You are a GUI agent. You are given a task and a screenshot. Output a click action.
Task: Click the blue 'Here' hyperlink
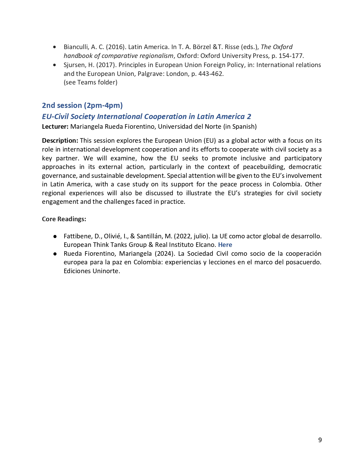point(225,245)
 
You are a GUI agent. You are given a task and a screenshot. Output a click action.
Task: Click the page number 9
point(320,440)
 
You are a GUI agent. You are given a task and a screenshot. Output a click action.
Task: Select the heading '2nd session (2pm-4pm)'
point(82,105)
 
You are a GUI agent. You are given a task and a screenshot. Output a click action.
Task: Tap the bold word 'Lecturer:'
point(55,126)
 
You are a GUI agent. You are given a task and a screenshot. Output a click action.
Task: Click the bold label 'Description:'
point(60,140)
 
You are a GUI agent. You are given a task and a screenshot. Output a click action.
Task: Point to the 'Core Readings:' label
point(64,219)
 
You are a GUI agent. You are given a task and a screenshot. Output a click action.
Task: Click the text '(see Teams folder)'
point(91,82)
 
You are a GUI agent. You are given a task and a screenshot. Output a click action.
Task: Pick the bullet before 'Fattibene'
point(55,237)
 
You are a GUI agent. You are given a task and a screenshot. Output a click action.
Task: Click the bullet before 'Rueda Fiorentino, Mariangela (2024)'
point(55,254)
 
